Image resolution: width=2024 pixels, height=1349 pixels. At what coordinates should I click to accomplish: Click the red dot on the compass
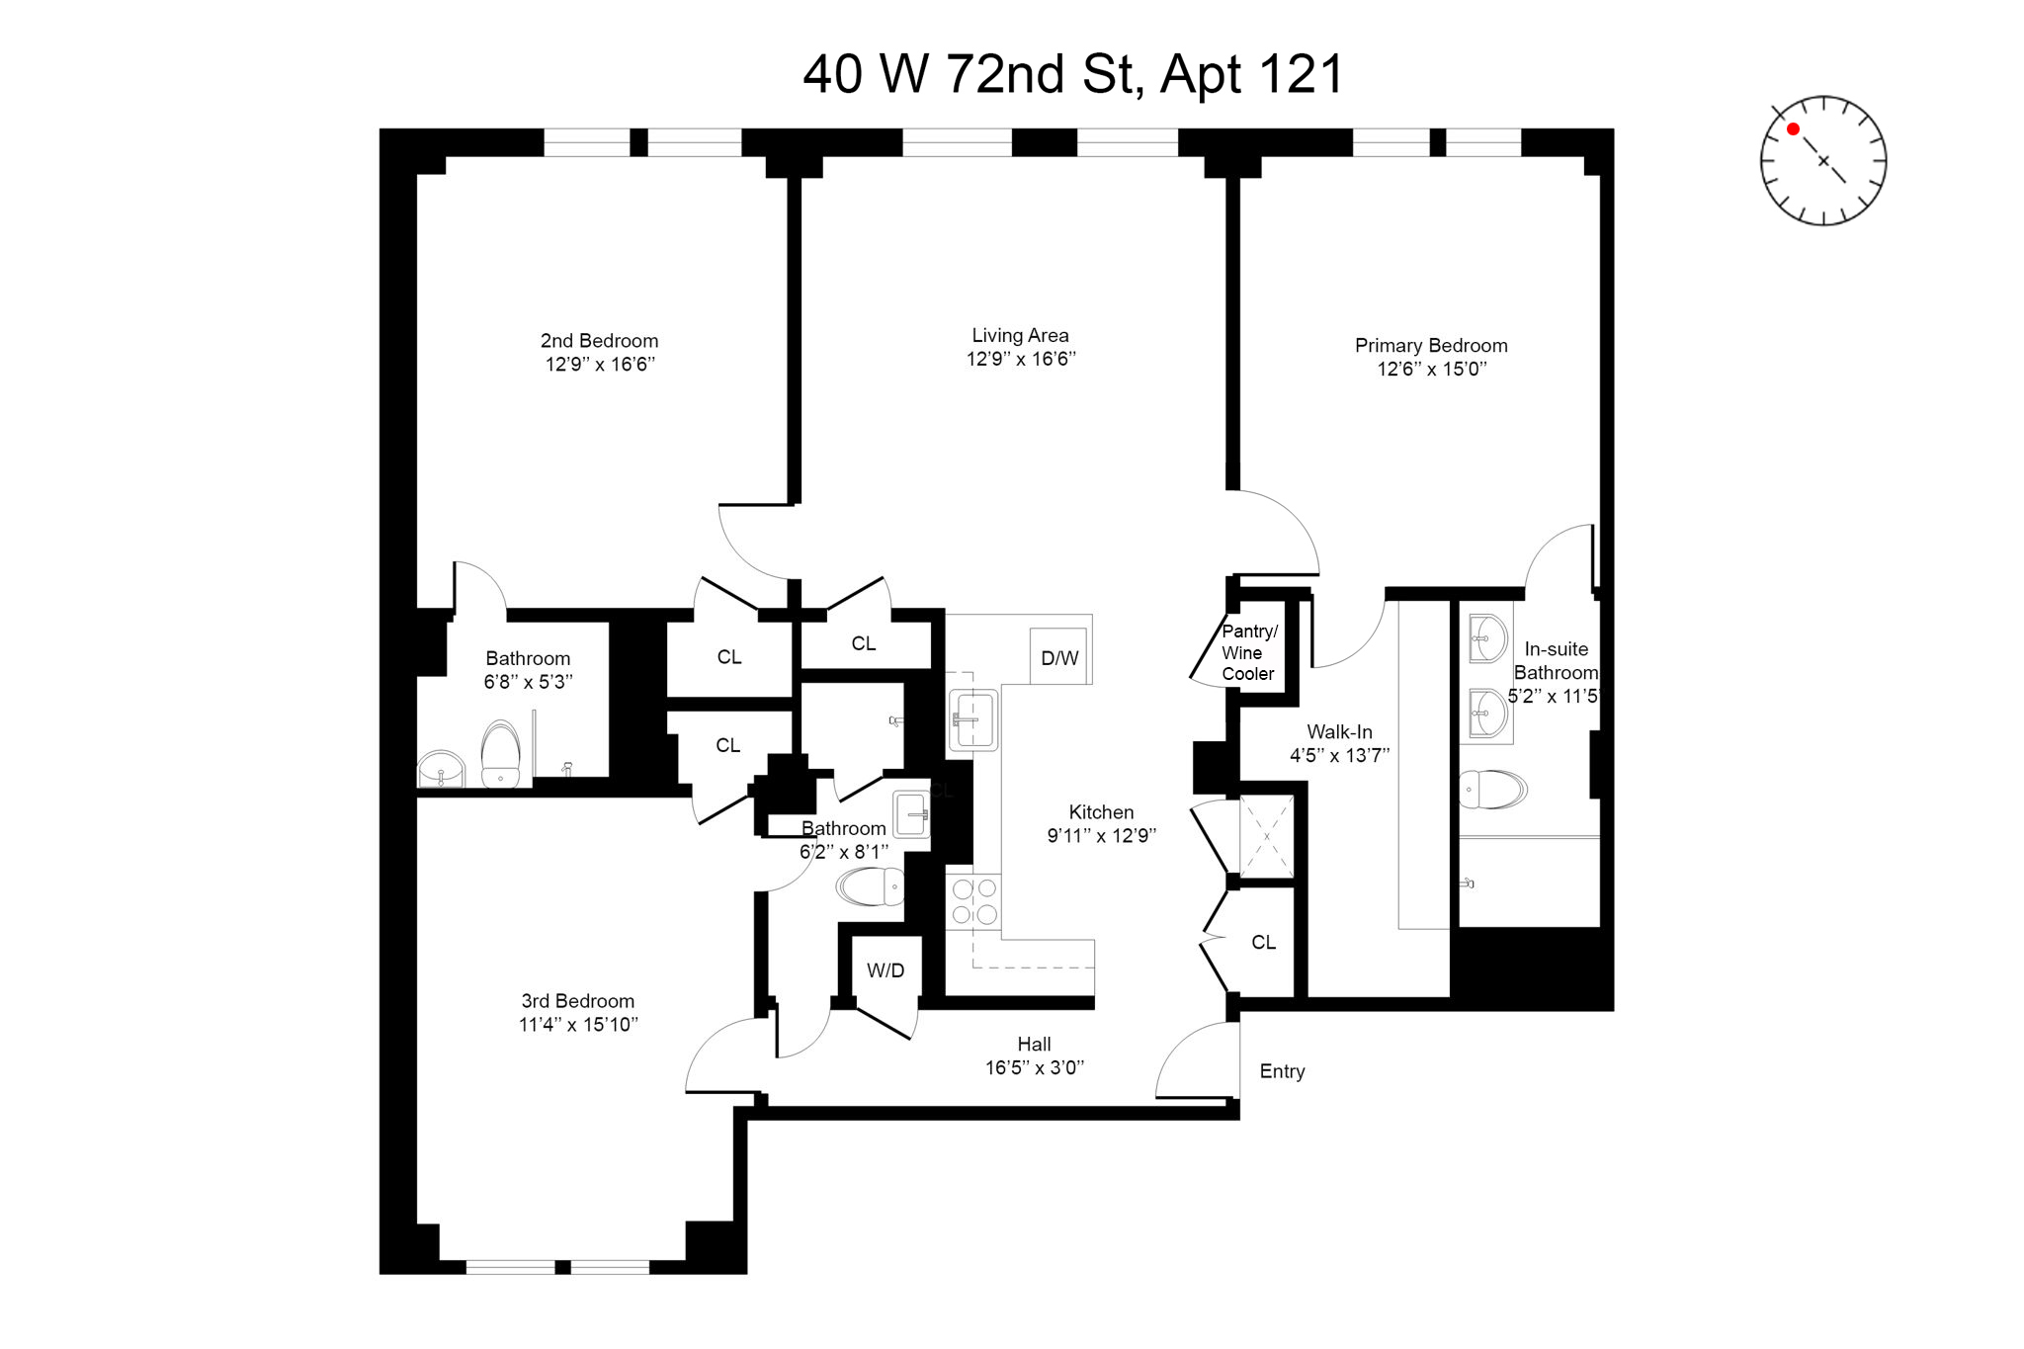[x=1793, y=129]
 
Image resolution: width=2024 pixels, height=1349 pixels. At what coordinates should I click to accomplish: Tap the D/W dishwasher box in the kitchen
[x=1058, y=657]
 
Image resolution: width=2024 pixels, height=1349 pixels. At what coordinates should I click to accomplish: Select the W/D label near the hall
[x=885, y=970]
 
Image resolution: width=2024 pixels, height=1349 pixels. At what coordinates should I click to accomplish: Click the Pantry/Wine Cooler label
[x=1248, y=652]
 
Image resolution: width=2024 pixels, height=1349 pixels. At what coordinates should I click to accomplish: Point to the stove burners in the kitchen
[x=973, y=901]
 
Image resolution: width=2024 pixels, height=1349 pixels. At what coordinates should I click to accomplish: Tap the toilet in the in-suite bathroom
[x=1492, y=790]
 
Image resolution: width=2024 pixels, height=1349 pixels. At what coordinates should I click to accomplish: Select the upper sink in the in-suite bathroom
[x=1488, y=637]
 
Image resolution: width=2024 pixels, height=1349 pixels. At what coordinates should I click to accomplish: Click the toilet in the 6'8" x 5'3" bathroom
[x=501, y=754]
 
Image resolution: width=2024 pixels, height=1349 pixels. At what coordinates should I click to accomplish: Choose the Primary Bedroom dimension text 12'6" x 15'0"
[x=1432, y=370]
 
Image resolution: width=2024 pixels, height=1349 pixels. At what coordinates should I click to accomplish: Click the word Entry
[x=1282, y=1071]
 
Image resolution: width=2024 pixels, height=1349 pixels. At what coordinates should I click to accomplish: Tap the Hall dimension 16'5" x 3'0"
[x=1035, y=1067]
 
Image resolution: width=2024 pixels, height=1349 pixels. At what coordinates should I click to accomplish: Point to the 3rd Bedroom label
[x=578, y=1001]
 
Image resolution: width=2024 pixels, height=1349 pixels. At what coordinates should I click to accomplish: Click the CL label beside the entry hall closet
[x=1263, y=943]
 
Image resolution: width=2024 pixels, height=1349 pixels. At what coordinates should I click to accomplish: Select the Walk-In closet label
[x=1339, y=732]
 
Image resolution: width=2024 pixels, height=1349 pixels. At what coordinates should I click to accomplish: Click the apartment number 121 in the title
[x=1302, y=74]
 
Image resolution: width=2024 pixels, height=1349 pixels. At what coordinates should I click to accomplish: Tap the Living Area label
[x=1020, y=336]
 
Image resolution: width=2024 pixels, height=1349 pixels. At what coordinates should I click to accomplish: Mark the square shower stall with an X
[x=1266, y=836]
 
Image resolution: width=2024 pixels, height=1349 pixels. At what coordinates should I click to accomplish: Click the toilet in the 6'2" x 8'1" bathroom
[x=871, y=886]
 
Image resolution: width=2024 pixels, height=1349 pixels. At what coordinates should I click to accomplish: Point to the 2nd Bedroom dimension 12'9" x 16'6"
[x=600, y=364]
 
